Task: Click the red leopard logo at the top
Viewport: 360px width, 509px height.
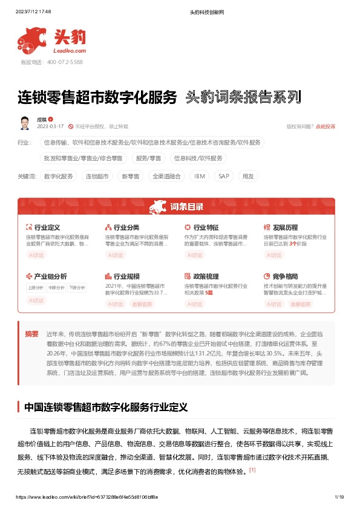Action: coord(31,40)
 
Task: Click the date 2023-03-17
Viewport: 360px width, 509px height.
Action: coord(51,126)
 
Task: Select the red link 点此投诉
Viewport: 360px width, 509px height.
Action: coord(326,126)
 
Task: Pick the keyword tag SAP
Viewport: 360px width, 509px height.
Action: coord(223,176)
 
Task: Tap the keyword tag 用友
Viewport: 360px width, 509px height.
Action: coord(248,176)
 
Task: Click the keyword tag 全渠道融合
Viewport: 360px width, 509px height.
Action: coord(166,176)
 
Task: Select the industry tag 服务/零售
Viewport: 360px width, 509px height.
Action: coord(148,158)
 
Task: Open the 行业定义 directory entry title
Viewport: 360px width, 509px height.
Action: coord(47,227)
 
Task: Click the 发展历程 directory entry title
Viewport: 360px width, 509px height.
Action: coord(286,227)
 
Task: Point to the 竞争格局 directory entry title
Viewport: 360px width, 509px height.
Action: coord(286,276)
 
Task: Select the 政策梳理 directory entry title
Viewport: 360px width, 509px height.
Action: coord(206,276)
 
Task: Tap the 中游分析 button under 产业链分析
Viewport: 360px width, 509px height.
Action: coord(56,287)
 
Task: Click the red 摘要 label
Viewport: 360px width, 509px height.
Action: coord(31,333)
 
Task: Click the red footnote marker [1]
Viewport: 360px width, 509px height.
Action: coord(252,469)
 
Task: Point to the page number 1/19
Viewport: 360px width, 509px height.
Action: coord(339,496)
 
